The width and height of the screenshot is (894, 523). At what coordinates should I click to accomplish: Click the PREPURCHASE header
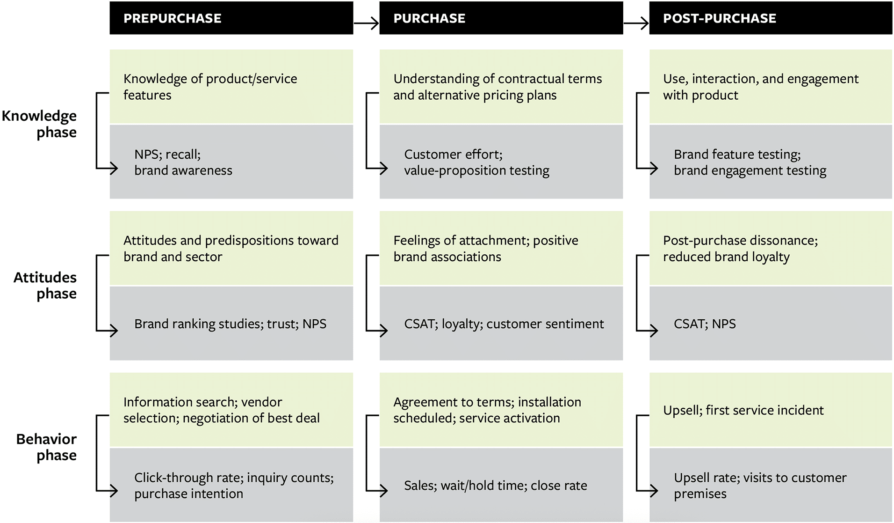(172, 18)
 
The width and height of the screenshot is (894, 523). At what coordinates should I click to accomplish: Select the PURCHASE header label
(429, 18)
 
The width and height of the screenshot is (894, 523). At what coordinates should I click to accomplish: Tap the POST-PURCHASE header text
(719, 18)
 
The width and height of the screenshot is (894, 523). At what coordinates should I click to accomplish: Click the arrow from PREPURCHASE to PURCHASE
(366, 22)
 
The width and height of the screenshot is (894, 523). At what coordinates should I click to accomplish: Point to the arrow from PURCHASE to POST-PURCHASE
(636, 22)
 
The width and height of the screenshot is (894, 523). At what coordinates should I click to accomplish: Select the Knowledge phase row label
(40, 124)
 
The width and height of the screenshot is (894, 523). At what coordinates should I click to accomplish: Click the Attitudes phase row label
(45, 285)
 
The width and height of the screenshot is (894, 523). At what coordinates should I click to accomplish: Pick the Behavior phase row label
(46, 447)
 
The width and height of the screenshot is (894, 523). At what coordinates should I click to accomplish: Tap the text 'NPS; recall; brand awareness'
(183, 162)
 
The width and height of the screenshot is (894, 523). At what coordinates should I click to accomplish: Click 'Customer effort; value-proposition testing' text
(476, 162)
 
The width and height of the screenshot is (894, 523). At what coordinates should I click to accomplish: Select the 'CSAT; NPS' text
(704, 324)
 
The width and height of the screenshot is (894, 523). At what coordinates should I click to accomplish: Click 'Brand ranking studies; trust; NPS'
(230, 324)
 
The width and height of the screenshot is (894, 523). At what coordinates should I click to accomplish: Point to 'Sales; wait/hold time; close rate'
(495, 486)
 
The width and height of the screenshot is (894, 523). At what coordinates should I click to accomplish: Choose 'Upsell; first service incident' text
(743, 410)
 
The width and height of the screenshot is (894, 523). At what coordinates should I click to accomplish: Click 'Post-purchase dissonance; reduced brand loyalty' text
(740, 248)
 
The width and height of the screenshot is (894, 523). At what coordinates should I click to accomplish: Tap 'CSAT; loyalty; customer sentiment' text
(504, 324)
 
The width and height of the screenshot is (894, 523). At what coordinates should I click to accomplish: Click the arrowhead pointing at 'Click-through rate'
(114, 490)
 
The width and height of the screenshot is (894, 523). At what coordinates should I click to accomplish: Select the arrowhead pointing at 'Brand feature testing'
(654, 168)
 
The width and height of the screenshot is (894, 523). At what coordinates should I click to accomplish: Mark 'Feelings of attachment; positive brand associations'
(485, 248)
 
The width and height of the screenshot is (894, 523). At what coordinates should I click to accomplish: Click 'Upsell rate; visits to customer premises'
(760, 486)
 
